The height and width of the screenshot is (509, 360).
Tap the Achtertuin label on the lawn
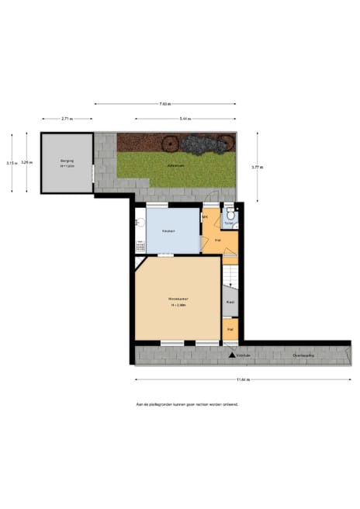(x=176, y=165)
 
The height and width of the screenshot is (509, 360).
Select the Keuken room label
(x=168, y=231)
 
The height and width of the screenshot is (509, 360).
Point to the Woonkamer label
(x=178, y=299)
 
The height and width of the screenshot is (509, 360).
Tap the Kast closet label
(x=230, y=302)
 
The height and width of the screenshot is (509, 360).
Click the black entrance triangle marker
(x=232, y=355)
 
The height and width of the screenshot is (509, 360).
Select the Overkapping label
(x=303, y=355)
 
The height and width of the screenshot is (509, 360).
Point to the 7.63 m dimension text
(x=165, y=103)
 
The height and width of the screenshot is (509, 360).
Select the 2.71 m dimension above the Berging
(x=67, y=119)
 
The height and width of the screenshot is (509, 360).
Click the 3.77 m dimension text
(x=262, y=167)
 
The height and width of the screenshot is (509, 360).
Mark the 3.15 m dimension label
(x=10, y=163)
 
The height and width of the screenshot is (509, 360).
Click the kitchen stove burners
(x=140, y=247)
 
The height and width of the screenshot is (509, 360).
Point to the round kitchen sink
(x=140, y=221)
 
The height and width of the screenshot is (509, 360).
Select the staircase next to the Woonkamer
(x=230, y=277)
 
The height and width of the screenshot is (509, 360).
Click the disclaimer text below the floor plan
(x=186, y=404)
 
